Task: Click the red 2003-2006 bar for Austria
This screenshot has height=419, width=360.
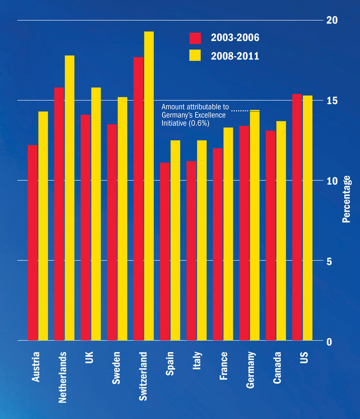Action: (x=32, y=243)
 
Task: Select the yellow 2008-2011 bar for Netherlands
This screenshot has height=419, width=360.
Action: (x=69, y=198)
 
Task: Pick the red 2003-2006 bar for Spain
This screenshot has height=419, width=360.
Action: (x=165, y=251)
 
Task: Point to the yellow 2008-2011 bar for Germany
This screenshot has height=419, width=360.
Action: (x=255, y=226)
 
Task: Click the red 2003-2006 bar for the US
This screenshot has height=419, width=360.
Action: (x=297, y=217)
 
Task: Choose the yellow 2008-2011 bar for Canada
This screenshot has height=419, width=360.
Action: (x=281, y=231)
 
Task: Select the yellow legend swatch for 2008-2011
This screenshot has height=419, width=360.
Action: (x=195, y=55)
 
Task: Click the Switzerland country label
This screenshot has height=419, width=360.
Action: (x=143, y=376)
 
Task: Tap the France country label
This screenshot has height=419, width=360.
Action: (x=223, y=366)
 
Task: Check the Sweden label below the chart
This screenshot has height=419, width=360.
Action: (x=116, y=368)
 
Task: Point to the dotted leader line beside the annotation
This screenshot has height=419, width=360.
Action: (x=240, y=111)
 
